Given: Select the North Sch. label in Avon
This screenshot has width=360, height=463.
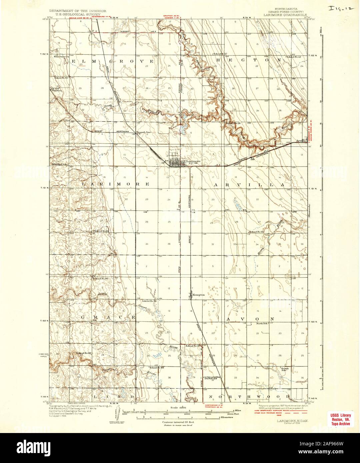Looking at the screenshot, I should [x=262, y=324].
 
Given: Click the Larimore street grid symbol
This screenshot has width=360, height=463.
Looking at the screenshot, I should [x=177, y=162].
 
